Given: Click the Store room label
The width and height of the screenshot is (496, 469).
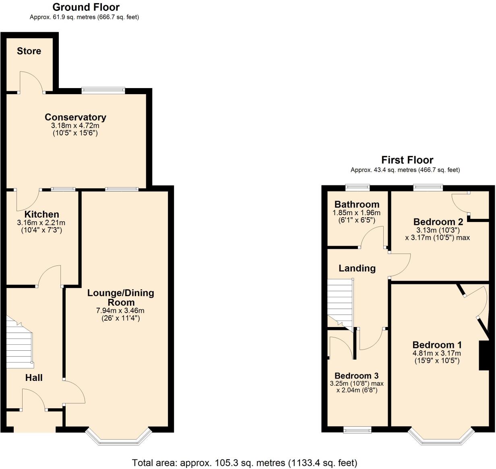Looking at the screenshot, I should [29, 51].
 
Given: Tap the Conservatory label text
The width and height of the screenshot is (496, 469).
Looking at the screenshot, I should [75, 117].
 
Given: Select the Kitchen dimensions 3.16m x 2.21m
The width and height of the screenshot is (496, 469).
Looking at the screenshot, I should [41, 222].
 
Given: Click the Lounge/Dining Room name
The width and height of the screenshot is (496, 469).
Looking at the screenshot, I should [121, 298].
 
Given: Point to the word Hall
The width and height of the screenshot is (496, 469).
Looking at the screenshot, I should [34, 378].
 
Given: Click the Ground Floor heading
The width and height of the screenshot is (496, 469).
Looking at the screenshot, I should [86, 7].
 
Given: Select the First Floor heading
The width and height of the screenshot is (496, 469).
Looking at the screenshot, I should [407, 160].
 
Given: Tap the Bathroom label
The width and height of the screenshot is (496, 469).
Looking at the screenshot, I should [357, 204].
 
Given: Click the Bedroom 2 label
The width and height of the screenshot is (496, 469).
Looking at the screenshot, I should [438, 222].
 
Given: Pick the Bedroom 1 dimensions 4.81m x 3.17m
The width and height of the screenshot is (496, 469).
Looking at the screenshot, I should [437, 353].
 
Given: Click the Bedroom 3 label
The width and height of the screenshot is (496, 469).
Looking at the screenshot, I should [356, 376].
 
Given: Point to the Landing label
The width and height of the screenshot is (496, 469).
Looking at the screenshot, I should [357, 268].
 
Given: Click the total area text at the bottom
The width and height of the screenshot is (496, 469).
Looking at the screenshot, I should [244, 463].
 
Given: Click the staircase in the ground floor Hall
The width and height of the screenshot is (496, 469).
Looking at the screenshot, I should [19, 344].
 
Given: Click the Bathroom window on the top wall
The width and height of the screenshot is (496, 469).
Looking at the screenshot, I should [358, 186].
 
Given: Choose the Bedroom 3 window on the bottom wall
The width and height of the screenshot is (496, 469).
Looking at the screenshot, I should [357, 430].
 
